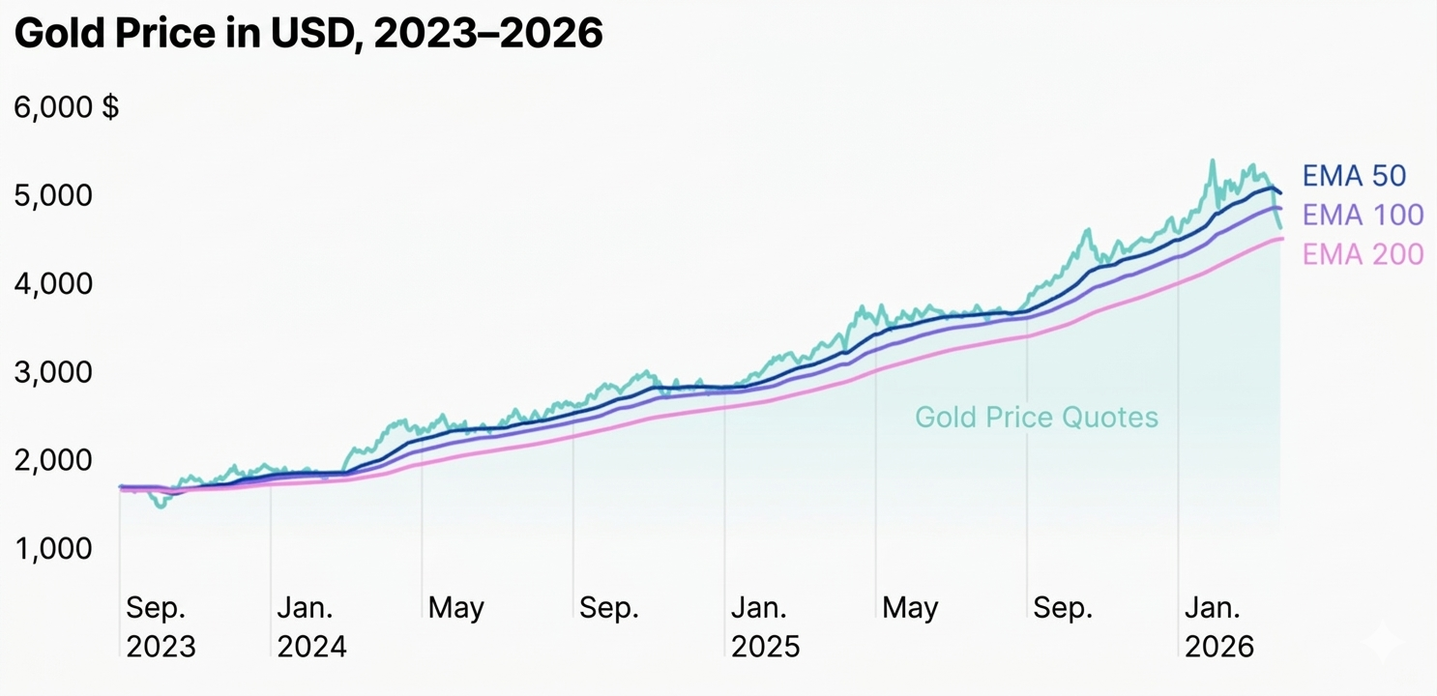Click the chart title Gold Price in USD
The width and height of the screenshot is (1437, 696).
pos(308,35)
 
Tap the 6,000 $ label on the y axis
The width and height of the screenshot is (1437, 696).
pos(66,107)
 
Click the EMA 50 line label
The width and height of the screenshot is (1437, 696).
pos(1354,176)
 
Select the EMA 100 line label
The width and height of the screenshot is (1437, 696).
pos(1363,215)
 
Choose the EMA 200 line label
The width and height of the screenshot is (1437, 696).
pos(1363,254)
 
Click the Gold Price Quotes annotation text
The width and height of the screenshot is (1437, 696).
pos(1036,418)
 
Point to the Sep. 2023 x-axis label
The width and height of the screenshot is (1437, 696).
pos(161,626)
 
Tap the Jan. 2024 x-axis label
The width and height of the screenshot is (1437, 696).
pos(311,626)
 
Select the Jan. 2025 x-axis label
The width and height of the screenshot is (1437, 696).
pos(765,626)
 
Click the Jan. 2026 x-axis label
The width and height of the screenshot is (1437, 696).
pos(1219,626)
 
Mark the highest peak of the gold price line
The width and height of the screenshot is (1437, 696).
pos(1212,161)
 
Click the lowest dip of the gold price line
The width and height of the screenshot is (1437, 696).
pos(161,506)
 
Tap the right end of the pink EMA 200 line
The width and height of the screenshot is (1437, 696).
pos(1281,239)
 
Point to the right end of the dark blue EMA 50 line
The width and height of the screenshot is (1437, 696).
pos(1280,193)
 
